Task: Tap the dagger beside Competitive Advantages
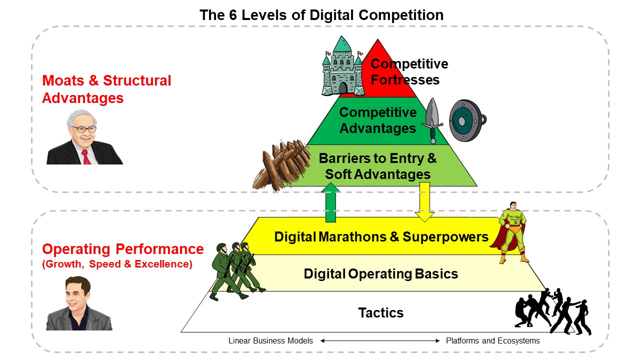pos(432,121)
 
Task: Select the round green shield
pos(467,120)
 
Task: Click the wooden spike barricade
pos(281,165)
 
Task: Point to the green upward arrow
pos(330,202)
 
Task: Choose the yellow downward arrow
pos(424,202)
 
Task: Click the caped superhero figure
pos(510,232)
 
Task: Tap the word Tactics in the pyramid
pos(381,312)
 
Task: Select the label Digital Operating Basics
pos(381,273)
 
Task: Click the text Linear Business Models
pos(270,340)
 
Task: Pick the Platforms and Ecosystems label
pos(493,340)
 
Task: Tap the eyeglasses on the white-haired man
pos(83,129)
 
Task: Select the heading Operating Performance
pos(123,249)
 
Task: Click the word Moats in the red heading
pos(63,80)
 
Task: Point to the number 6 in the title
pos(233,15)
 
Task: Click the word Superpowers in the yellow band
pos(445,237)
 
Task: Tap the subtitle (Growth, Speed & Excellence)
pos(117,264)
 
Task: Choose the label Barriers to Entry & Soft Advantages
pos(377,166)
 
